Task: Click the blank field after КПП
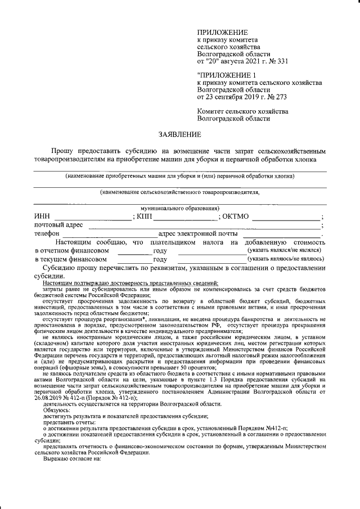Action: [x=185, y=217]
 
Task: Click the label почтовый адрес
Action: [x=58, y=226]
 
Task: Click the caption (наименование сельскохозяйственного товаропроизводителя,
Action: [x=179, y=192]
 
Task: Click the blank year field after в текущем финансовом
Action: [x=134, y=259]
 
